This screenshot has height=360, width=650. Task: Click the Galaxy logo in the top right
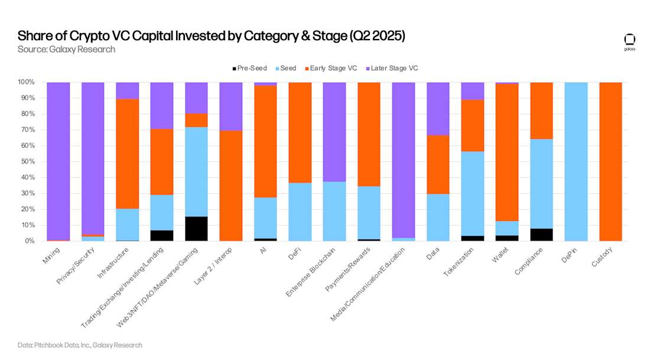629,41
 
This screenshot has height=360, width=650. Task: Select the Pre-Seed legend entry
249,69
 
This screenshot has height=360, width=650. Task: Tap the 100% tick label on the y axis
26,82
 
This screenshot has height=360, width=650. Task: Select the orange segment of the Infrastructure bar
128,154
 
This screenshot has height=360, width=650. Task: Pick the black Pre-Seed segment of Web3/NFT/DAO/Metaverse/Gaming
197,229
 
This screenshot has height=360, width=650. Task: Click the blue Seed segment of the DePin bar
576,161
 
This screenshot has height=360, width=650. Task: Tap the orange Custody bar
611,161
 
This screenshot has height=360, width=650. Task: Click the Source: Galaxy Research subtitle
66,50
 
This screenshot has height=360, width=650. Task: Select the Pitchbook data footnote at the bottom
80,345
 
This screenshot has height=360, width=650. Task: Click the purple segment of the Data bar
438,109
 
